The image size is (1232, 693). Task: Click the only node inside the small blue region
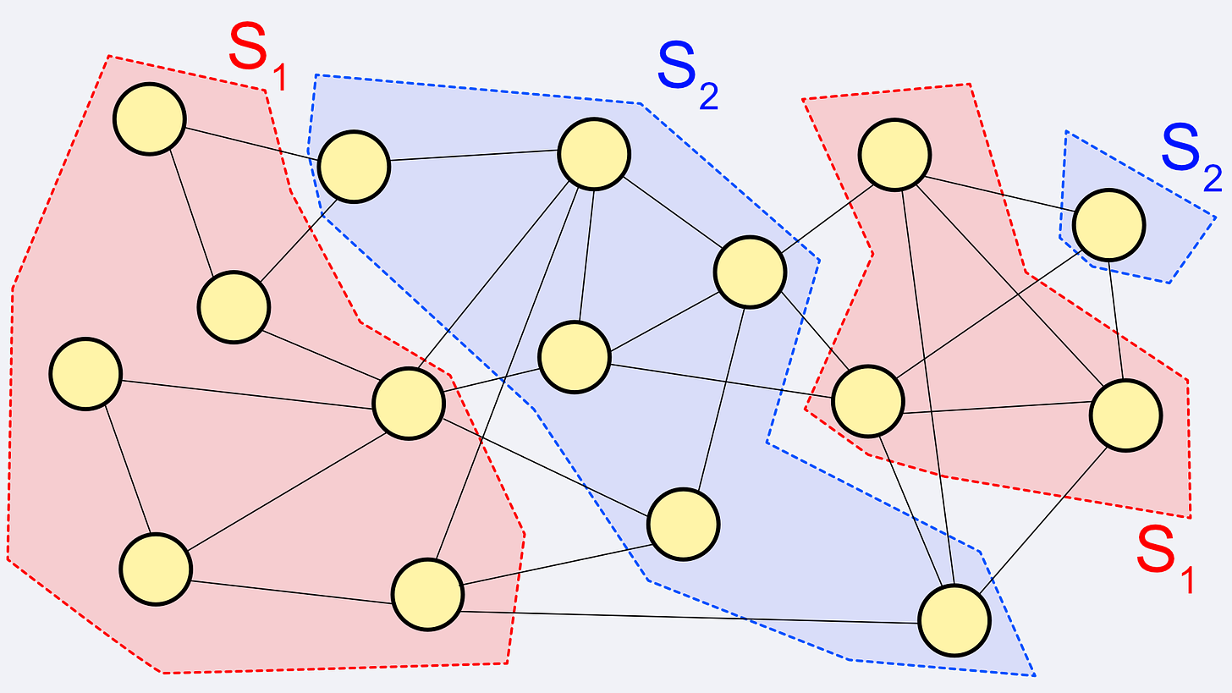pos(1108,225)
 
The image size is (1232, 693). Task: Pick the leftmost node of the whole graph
pos(85,373)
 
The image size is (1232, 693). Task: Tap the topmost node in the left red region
pos(150,118)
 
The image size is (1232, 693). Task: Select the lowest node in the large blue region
pos(954,620)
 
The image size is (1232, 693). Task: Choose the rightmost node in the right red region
pos(1125,415)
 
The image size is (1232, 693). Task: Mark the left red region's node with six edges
pos(409,403)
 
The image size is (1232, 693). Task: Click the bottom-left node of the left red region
pos(155,569)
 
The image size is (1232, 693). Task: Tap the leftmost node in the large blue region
pos(354,166)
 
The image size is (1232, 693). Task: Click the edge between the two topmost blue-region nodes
pos(474,157)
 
